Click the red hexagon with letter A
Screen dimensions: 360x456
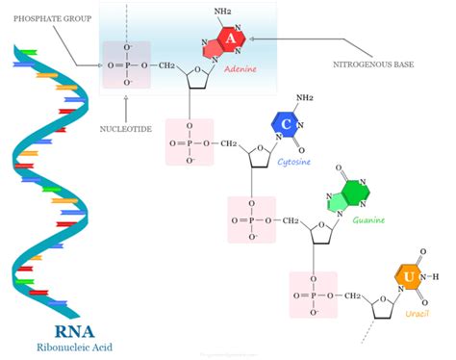[x=231, y=39]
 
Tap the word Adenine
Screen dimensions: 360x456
[x=231, y=70]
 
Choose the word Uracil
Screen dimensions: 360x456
[x=417, y=314]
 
